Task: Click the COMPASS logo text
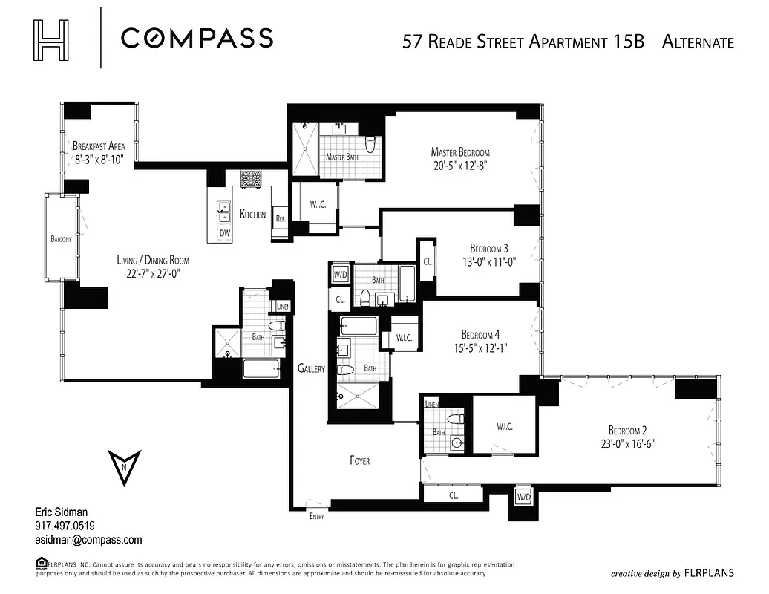[x=197, y=38]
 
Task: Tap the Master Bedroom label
[x=460, y=152]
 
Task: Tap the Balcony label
[x=62, y=239]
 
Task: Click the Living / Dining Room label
[x=152, y=260]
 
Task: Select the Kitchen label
[x=252, y=215]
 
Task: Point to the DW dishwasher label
[x=224, y=233]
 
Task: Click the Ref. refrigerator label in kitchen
[x=281, y=219]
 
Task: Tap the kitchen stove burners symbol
[x=249, y=178]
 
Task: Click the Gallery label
[x=311, y=368]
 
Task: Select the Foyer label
[x=359, y=460]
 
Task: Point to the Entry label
[x=316, y=516]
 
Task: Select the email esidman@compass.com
[x=88, y=540]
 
